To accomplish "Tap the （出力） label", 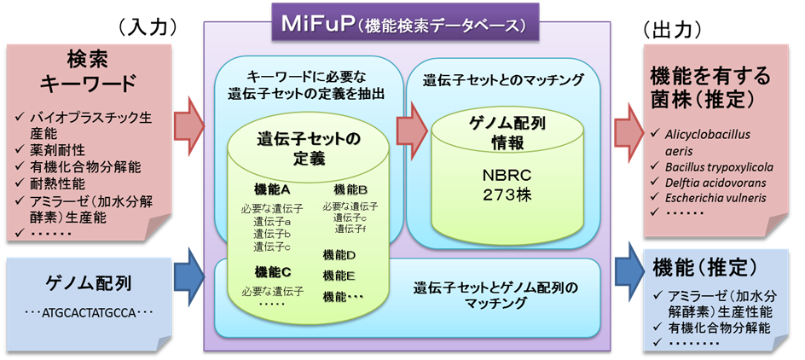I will tap(675, 27).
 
